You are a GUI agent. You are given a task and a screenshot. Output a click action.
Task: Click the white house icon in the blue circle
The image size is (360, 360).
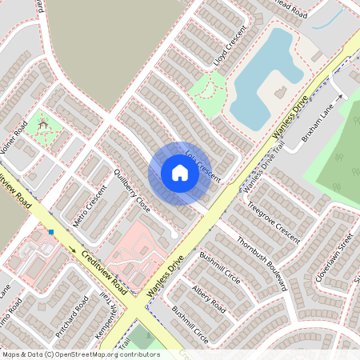(x=180, y=173)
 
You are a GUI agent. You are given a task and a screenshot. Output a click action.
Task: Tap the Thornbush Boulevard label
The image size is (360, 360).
(x=262, y=263)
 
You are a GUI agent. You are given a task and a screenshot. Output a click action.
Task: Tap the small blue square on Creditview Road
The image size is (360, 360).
(x=50, y=232)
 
